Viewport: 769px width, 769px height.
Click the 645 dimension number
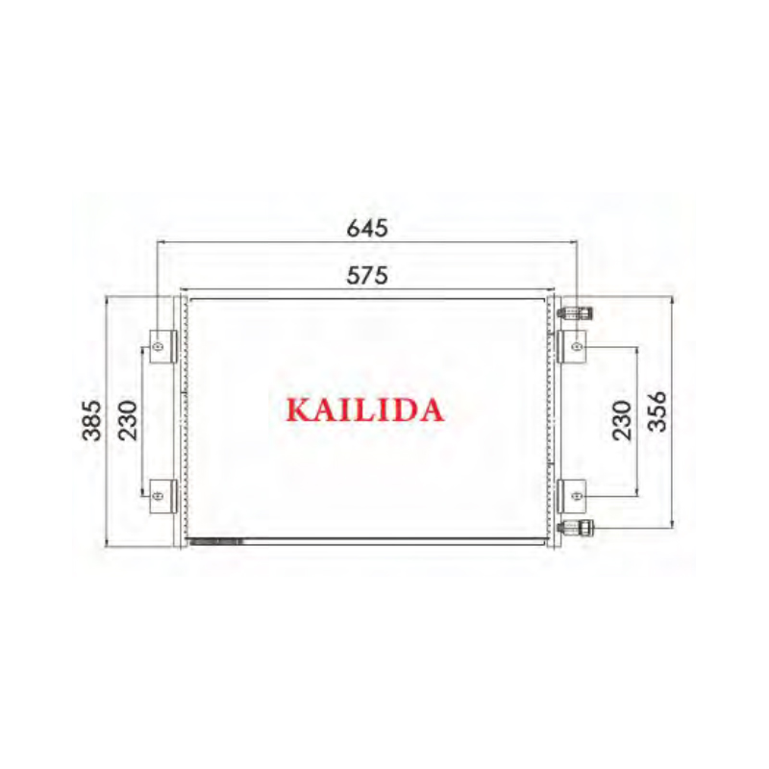367,229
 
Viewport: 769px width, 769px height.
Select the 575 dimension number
367,275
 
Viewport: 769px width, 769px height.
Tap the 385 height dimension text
91,420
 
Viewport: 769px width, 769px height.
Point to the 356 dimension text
657,411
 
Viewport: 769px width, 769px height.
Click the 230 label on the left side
128,420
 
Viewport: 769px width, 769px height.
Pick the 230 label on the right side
622,420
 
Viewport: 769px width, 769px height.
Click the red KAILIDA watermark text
365,410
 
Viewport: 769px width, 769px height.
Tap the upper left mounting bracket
162,347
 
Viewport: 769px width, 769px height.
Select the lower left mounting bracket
162,496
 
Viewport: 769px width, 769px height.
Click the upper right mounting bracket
571,347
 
